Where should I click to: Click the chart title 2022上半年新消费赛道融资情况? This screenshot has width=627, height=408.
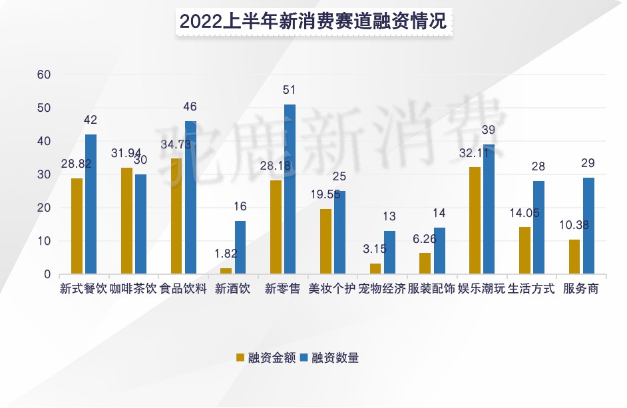(x=313, y=21)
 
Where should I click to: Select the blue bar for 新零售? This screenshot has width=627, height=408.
(x=290, y=189)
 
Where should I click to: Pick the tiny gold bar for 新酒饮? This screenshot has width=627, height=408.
(x=226, y=270)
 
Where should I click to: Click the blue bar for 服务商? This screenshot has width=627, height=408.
(x=588, y=226)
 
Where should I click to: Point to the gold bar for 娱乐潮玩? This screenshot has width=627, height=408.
(x=475, y=220)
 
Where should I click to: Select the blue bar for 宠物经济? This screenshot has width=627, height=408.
(x=389, y=252)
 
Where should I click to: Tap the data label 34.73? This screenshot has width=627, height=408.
(x=176, y=144)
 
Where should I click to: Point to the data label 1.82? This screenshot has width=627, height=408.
(x=226, y=254)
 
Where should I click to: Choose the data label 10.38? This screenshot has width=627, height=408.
(x=574, y=225)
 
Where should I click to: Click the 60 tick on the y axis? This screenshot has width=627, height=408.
(x=44, y=75)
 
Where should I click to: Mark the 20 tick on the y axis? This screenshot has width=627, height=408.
(x=44, y=208)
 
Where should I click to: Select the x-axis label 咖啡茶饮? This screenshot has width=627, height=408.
(x=133, y=290)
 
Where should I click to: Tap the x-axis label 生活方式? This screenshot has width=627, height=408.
(x=531, y=290)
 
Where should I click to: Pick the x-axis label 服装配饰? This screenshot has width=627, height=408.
(x=431, y=290)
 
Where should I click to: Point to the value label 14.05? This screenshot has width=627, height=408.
(x=524, y=213)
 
